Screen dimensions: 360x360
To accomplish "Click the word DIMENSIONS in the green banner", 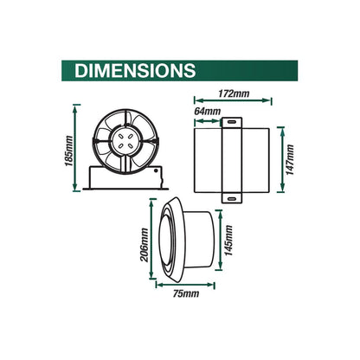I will click(135, 70).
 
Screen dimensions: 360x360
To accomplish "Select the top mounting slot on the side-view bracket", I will click(233, 128).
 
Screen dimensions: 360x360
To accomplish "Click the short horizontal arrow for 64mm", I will click(209, 119).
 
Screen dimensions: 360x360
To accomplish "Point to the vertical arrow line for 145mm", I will click(219, 247).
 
